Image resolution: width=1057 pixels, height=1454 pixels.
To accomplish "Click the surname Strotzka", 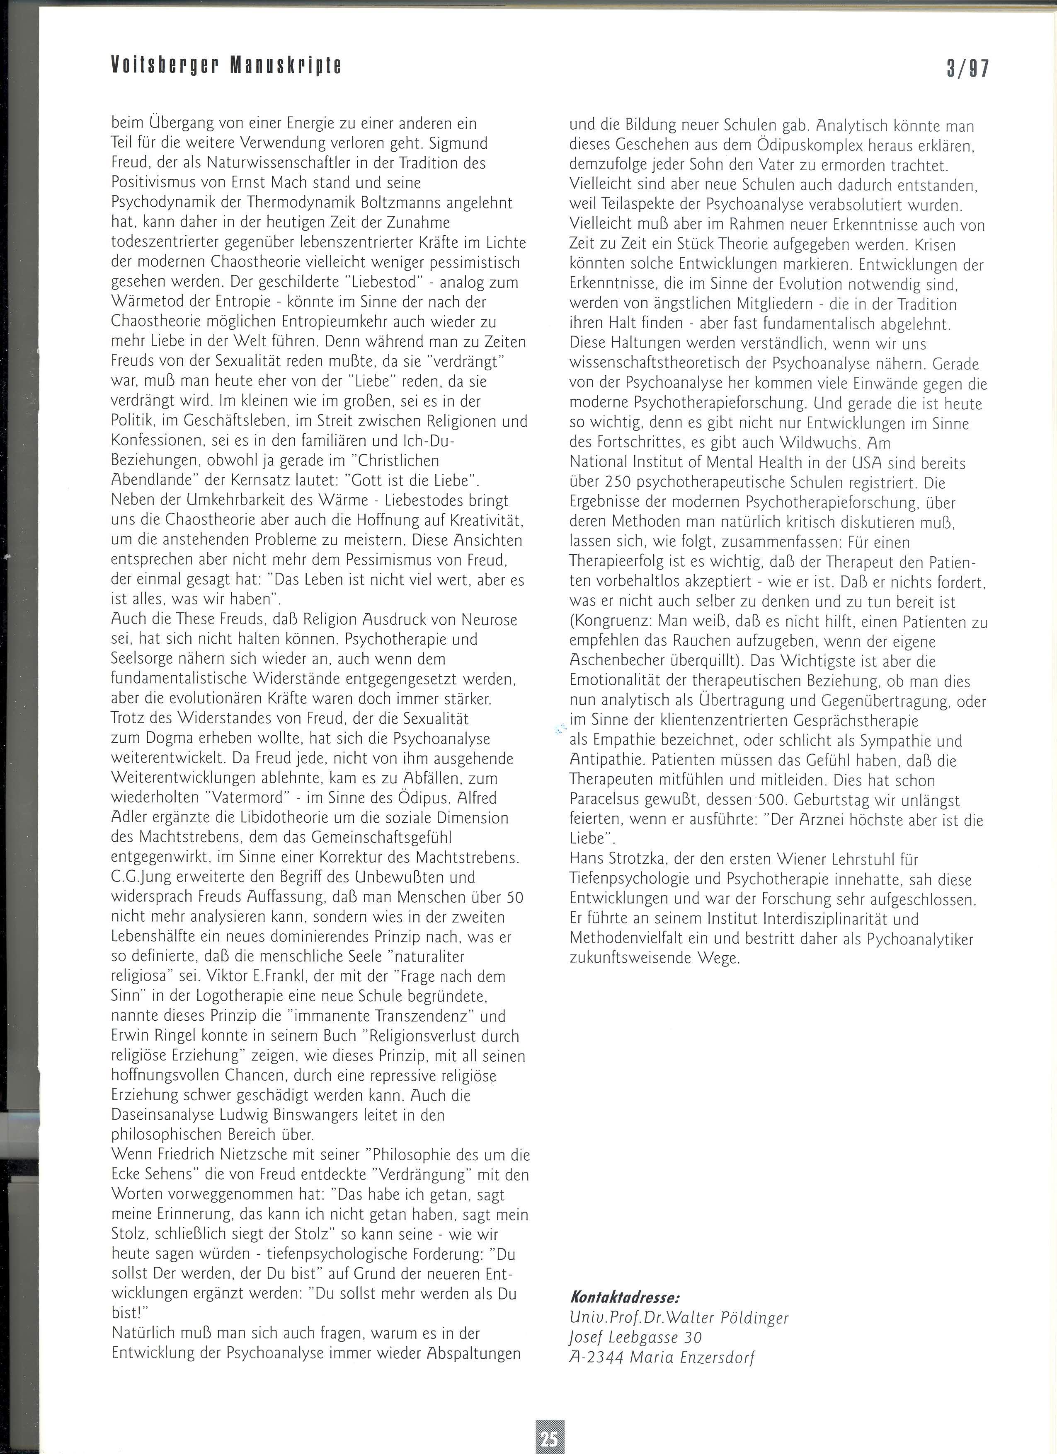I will (636, 859).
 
